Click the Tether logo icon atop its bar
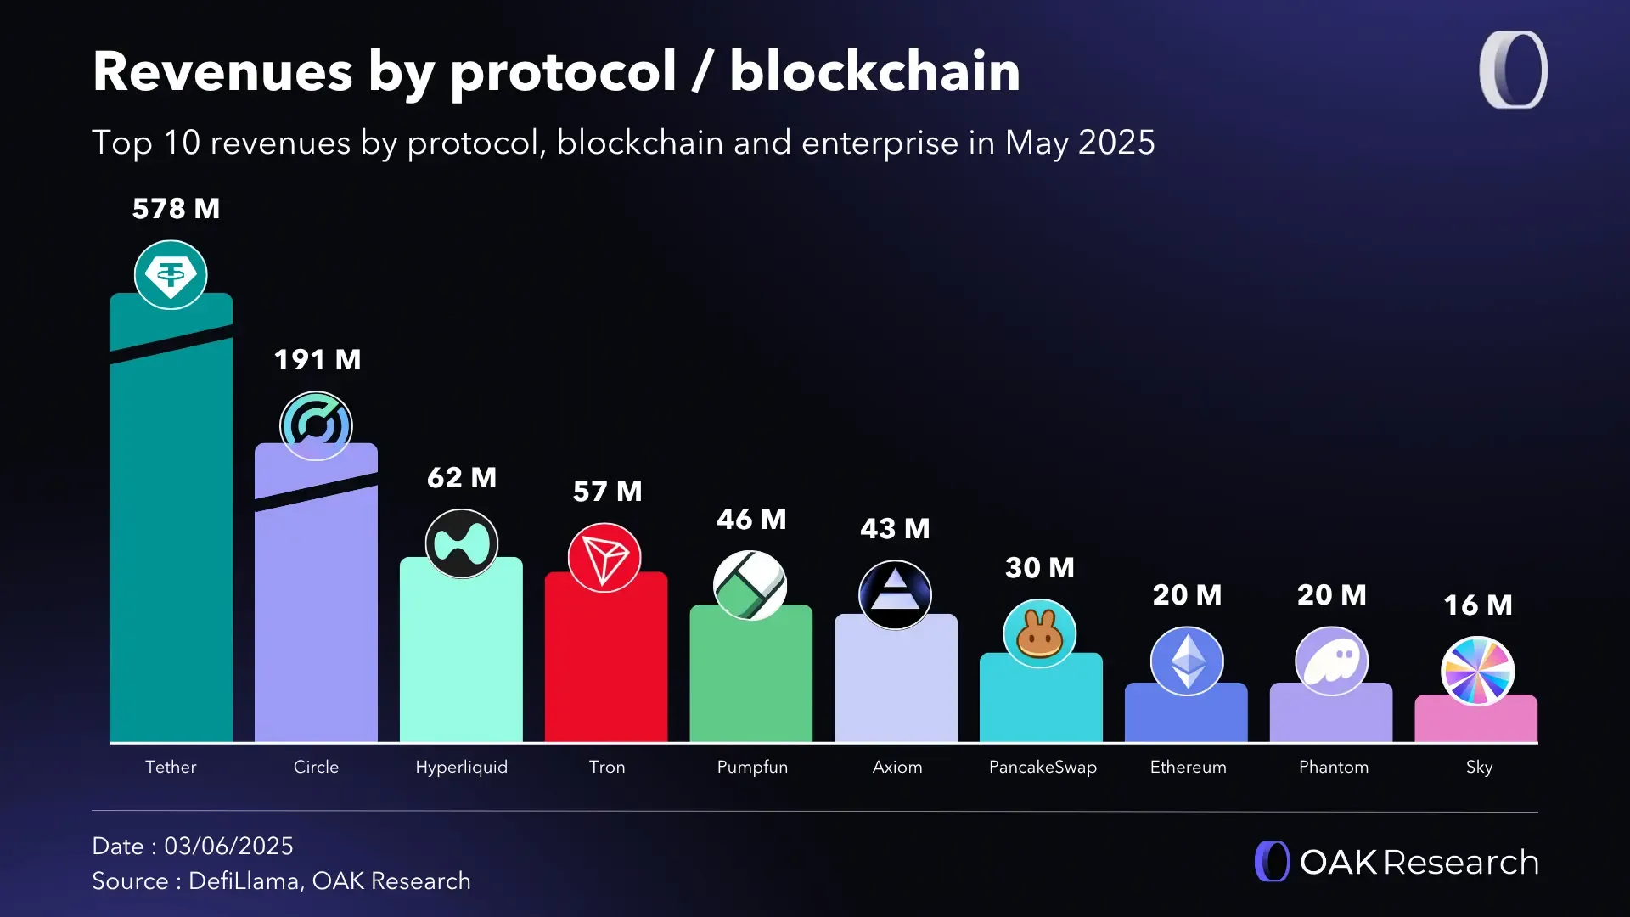click(171, 274)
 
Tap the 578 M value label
click(176, 209)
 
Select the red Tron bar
click(605, 671)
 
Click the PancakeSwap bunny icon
click(1039, 633)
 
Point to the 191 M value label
click(318, 360)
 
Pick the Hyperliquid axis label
click(461, 767)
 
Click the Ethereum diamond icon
click(1187, 661)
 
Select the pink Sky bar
click(1475, 722)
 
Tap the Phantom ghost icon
click(1331, 661)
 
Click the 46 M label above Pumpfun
click(751, 520)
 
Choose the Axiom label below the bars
click(897, 767)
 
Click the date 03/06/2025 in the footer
click(228, 846)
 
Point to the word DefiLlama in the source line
click(244, 881)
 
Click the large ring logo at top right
click(1513, 70)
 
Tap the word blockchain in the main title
click(874, 71)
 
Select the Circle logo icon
click(316, 425)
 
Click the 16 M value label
click(1478, 605)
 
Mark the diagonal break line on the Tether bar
click(171, 344)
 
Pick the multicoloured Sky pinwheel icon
click(1477, 671)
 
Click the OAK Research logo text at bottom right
click(1418, 863)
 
